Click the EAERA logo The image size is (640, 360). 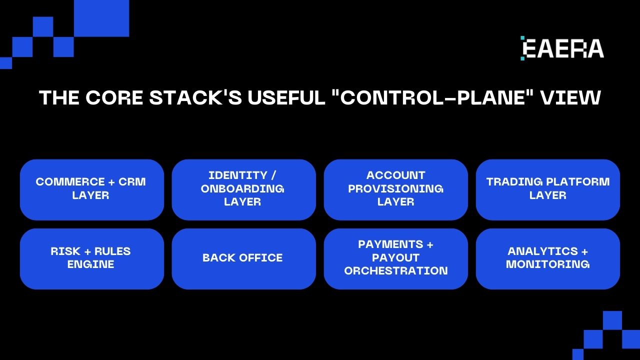point(562,48)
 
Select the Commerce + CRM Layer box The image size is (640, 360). point(92,189)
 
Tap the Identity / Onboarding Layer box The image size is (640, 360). point(243,189)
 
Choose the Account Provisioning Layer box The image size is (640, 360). point(395,189)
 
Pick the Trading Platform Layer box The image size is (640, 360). point(547,189)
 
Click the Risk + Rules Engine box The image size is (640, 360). point(92,258)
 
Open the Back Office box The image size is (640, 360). point(243,258)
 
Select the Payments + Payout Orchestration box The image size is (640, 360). point(395,258)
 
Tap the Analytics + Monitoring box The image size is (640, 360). point(547,258)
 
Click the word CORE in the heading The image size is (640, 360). point(114,98)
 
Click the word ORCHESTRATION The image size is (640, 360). point(396,271)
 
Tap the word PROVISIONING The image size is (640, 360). point(396,189)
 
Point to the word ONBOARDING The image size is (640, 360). point(242,189)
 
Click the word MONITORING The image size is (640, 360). point(547,264)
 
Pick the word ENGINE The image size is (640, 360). point(90,264)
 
